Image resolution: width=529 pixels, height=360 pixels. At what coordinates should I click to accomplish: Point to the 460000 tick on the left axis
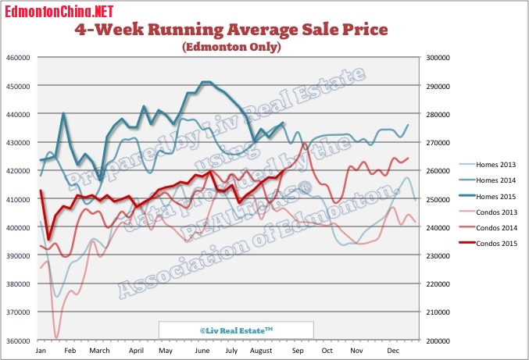pyautogui.click(x=18, y=58)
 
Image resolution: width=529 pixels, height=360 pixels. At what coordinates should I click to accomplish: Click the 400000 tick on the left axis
pyautogui.click(x=18, y=228)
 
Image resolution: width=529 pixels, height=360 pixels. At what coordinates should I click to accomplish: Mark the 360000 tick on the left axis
pyautogui.click(x=18, y=341)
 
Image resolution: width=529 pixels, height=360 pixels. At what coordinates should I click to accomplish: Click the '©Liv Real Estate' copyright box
pyautogui.click(x=235, y=330)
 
